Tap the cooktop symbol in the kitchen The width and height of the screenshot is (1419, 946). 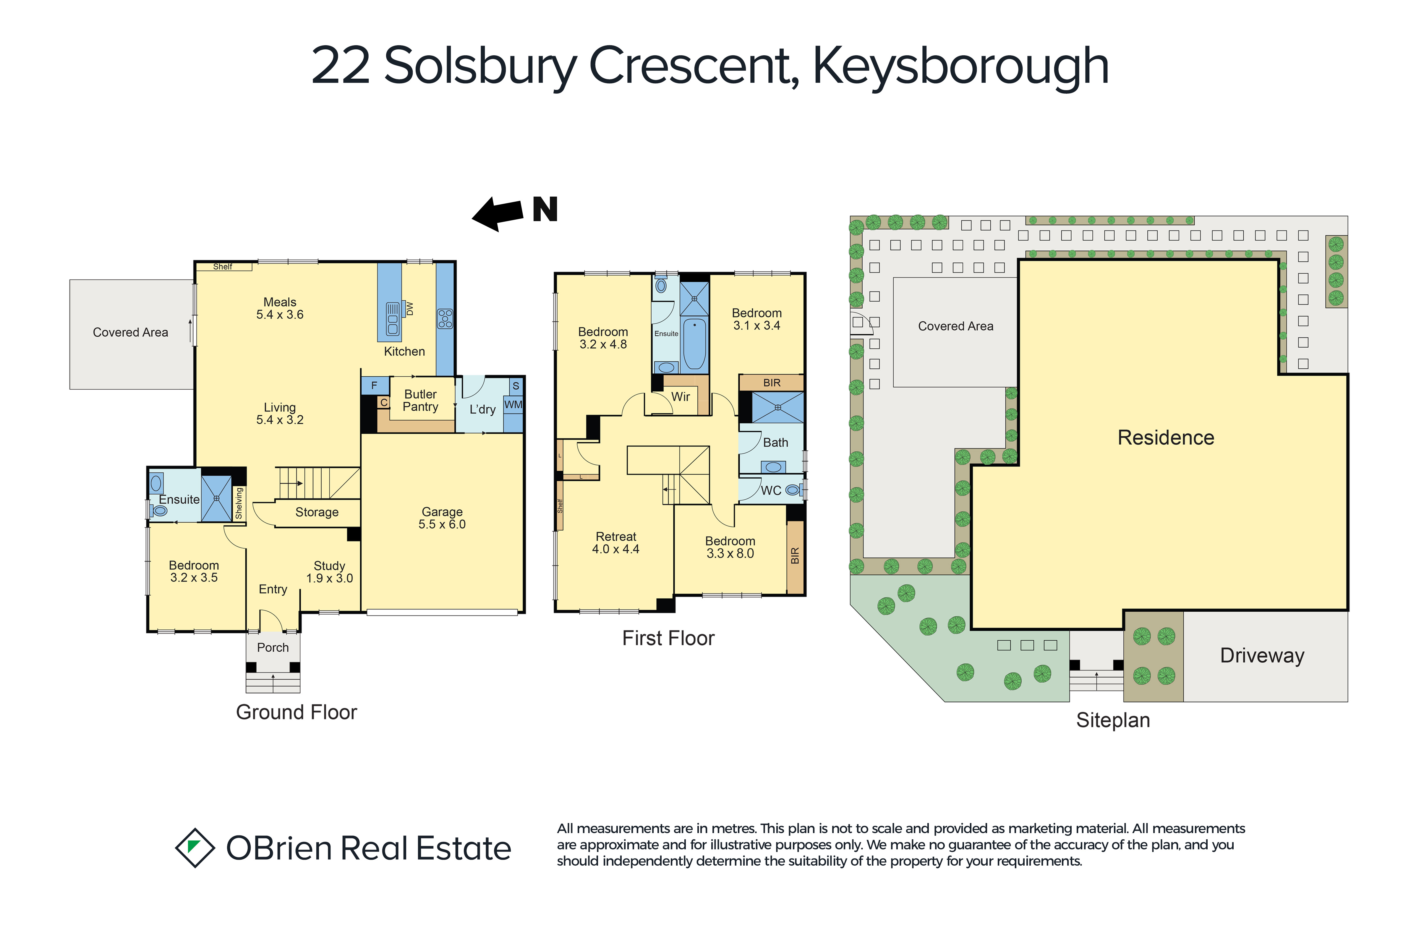(445, 319)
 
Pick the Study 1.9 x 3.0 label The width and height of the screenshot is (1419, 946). (329, 572)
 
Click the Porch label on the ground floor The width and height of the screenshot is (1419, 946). (273, 647)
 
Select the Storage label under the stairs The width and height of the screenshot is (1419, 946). (317, 512)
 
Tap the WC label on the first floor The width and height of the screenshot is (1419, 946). (771, 490)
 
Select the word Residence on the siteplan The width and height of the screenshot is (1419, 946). (1166, 438)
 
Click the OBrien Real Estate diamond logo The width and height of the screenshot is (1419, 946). (195, 848)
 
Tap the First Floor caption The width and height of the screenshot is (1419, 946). (668, 638)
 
